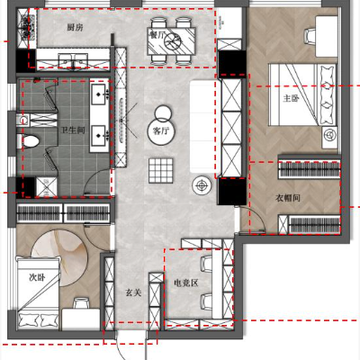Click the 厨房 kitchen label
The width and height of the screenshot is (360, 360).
pyautogui.click(x=75, y=28)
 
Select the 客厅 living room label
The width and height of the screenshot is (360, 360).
pyautogui.click(x=161, y=131)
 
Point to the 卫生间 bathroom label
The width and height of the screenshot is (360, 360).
pyautogui.click(x=73, y=130)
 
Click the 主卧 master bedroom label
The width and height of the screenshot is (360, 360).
pyautogui.click(x=291, y=98)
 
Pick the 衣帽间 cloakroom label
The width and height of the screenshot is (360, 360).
pyautogui.click(x=288, y=198)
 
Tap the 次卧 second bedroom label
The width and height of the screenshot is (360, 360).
pyautogui.click(x=37, y=277)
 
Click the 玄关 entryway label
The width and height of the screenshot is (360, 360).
pyautogui.click(x=133, y=292)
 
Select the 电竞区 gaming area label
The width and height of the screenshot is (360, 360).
pyautogui.click(x=186, y=283)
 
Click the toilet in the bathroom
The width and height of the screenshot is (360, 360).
pyautogui.click(x=28, y=141)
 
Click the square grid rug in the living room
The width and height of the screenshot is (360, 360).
pyautogui.click(x=161, y=170)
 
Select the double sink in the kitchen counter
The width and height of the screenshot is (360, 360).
pyautogui.click(x=74, y=60)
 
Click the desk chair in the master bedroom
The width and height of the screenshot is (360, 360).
pyautogui.click(x=310, y=36)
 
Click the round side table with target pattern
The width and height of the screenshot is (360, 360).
pyautogui.click(x=202, y=185)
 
